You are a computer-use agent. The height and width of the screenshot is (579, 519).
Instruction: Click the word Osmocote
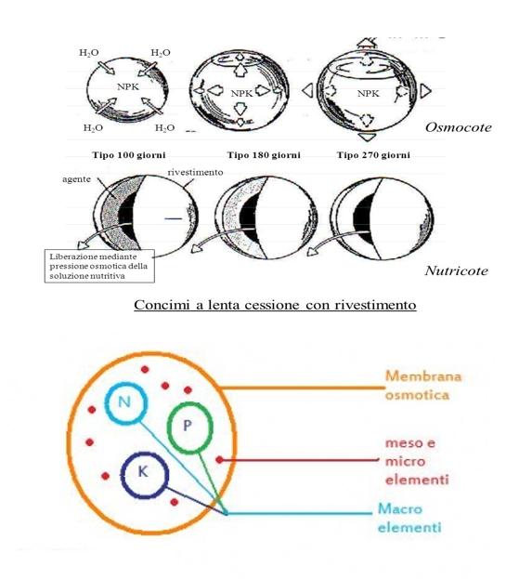(458, 127)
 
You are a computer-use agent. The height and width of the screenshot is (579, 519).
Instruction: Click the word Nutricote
(456, 270)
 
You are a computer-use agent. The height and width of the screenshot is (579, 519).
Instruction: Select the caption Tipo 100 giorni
(129, 155)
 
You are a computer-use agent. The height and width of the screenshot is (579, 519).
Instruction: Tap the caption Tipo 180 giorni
(264, 155)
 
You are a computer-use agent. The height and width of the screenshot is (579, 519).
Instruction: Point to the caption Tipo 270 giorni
(373, 155)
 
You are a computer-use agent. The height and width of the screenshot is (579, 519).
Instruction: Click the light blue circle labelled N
(126, 401)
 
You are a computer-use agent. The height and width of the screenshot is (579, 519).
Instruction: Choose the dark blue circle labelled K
(145, 475)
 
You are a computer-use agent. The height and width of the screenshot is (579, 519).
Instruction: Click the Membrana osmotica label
(423, 386)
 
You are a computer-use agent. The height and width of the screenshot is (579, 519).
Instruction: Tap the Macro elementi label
(409, 518)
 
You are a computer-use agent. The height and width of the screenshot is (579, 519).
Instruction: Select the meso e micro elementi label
(417, 461)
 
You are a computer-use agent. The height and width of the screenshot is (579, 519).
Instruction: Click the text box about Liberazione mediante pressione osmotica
(99, 266)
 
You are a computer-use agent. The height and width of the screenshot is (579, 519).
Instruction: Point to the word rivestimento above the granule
(195, 173)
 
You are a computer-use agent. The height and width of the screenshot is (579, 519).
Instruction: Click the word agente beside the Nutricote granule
(76, 179)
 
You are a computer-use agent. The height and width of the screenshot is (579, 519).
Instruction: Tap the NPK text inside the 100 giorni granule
(128, 86)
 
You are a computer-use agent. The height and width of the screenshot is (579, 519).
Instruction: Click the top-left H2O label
(89, 53)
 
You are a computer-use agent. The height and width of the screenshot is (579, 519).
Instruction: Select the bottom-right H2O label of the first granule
(164, 128)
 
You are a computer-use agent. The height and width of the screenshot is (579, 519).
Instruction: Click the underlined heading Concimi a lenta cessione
(275, 305)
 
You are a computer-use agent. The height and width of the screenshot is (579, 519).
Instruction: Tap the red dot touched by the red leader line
(219, 460)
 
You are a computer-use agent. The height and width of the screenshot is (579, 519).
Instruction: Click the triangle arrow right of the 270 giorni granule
(425, 90)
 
